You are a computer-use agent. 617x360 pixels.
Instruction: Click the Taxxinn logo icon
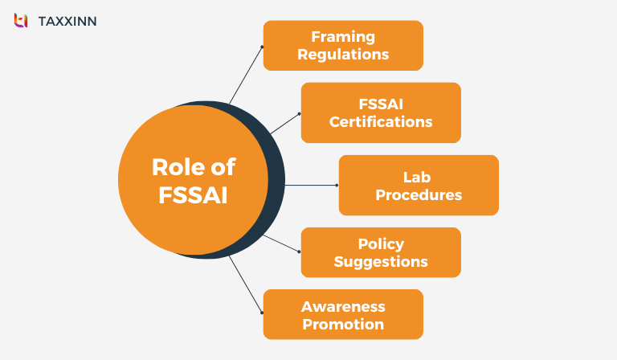tap(21, 20)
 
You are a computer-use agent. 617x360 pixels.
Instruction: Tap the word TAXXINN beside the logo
tap(67, 21)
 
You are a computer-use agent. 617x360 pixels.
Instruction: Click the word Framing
tap(343, 37)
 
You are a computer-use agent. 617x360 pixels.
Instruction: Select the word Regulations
tap(343, 55)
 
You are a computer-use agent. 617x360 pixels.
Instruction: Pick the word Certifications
tap(381, 122)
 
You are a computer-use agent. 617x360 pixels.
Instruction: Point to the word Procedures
tap(419, 194)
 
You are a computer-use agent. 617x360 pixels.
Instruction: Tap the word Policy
tap(381, 243)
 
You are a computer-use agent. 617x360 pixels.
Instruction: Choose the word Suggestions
tap(381, 261)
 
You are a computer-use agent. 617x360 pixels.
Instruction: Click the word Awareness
tap(343, 306)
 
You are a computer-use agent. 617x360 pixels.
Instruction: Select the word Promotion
tap(343, 324)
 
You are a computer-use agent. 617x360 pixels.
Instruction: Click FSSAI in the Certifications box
tap(381, 104)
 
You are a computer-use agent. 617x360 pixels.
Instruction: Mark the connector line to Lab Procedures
tap(309, 185)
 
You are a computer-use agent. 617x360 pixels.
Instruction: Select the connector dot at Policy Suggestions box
tap(299, 252)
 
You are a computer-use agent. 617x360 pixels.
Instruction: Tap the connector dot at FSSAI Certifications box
tap(299, 113)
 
